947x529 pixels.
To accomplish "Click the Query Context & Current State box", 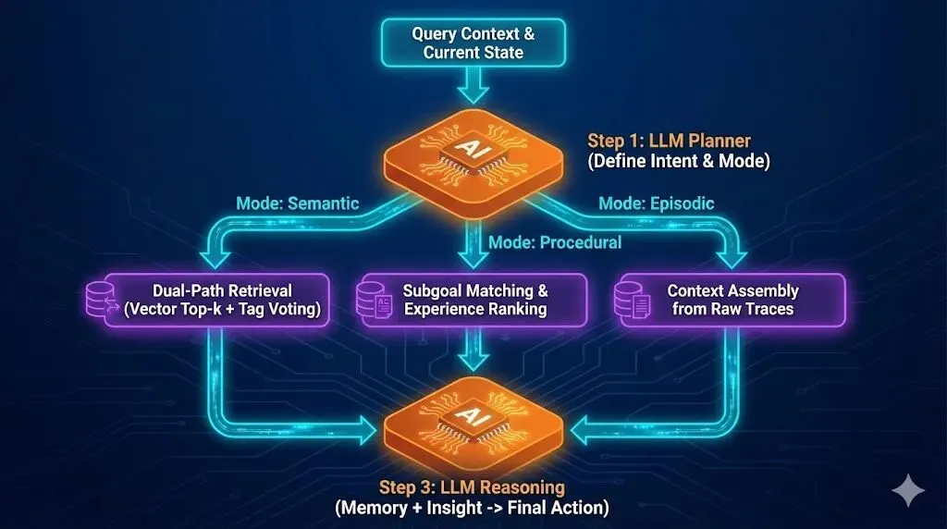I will [473, 43].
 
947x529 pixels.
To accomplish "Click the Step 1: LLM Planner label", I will [669, 141].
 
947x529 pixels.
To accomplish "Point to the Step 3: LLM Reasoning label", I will [472, 487].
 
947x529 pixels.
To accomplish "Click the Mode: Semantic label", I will [297, 203].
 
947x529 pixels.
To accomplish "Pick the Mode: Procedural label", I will [555, 242].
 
